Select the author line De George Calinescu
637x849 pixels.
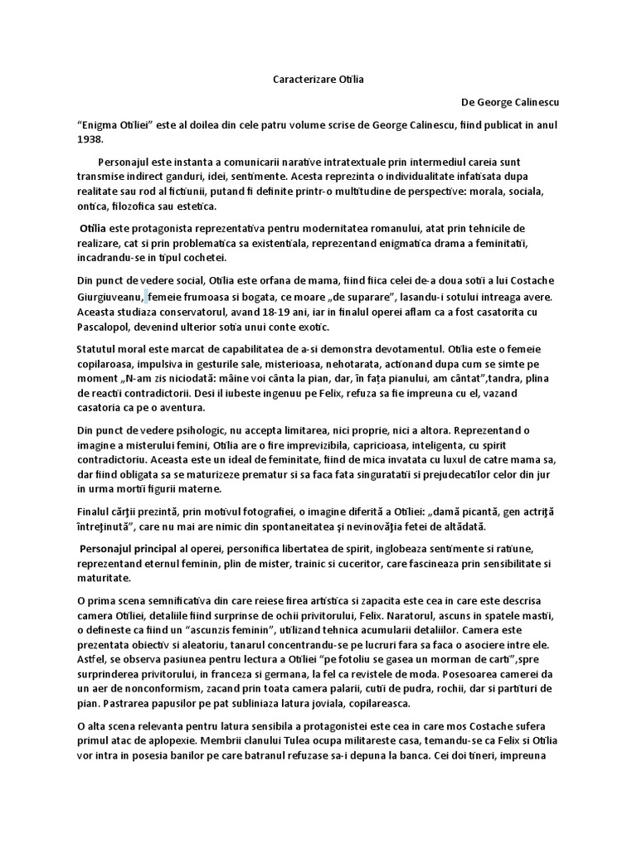coord(510,102)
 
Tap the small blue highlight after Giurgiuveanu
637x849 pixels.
coord(146,296)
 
